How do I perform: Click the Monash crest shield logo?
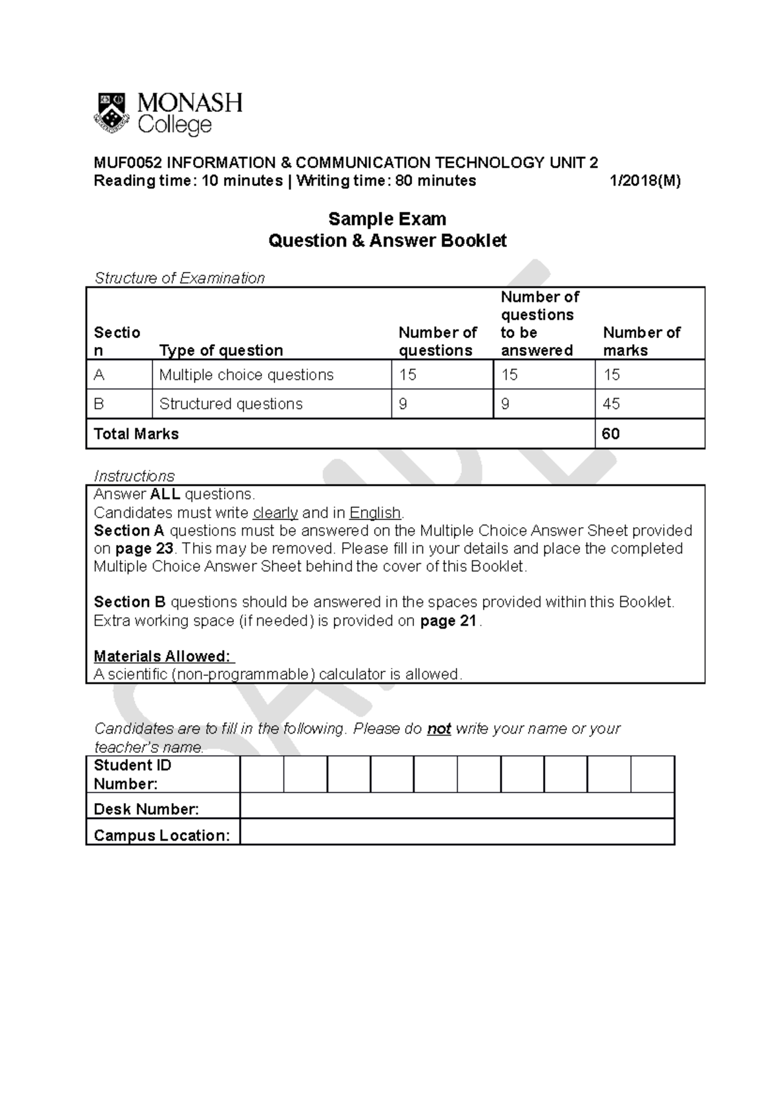(112, 112)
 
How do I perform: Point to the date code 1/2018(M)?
(645, 181)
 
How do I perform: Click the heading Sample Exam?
(387, 219)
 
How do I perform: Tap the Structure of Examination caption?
(180, 278)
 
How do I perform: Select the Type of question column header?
(221, 350)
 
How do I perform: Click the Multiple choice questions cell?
(246, 375)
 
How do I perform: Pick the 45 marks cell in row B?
(611, 404)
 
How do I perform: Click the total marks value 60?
(610, 434)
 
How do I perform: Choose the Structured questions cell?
(231, 404)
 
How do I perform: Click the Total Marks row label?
(136, 434)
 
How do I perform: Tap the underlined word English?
(375, 513)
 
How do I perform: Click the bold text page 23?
(144, 548)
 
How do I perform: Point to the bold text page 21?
(448, 621)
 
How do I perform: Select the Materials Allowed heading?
(162, 656)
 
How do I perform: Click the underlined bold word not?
(439, 729)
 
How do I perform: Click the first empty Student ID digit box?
(262, 774)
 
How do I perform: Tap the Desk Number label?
(146, 809)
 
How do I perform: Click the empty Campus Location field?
(457, 832)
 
